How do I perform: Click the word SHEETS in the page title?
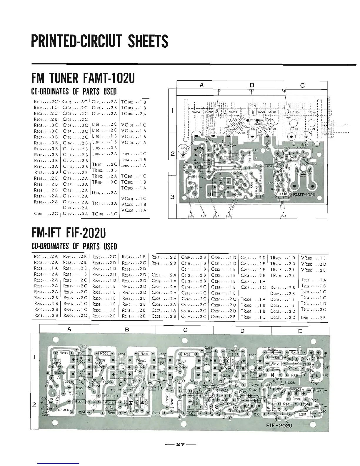tap(146, 41)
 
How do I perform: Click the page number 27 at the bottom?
tap(180, 445)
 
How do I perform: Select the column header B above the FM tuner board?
tap(252, 85)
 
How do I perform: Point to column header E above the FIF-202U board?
tap(300, 331)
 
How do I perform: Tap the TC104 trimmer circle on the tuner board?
tap(182, 149)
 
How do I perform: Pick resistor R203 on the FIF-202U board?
tap(64, 353)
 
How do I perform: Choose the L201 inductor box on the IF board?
tap(303, 415)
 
